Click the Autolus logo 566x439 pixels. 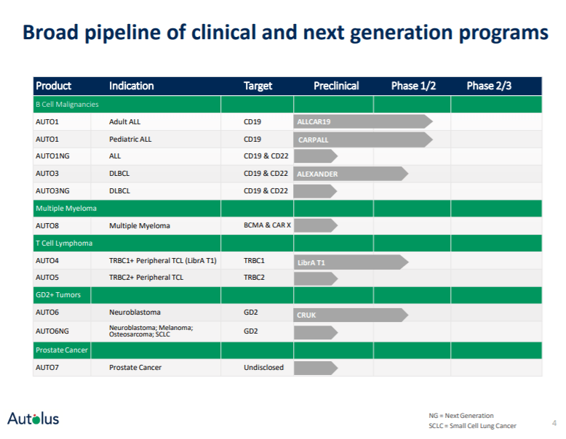tap(33, 418)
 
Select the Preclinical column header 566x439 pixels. tap(336, 86)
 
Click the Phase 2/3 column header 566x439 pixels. tap(489, 86)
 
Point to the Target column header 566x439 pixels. tap(258, 86)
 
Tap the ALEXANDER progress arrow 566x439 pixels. tap(350, 174)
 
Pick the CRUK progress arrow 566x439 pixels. tap(350, 315)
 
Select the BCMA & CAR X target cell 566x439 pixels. tap(267, 226)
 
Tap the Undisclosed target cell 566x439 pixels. tap(263, 368)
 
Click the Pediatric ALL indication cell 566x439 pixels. tap(130, 139)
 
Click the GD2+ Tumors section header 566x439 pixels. tap(58, 295)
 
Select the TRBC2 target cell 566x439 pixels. tap(255, 278)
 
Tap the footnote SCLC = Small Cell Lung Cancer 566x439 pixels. tap(472, 426)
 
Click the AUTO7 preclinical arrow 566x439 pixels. tap(315, 368)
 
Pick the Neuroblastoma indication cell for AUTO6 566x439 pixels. tap(135, 313)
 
